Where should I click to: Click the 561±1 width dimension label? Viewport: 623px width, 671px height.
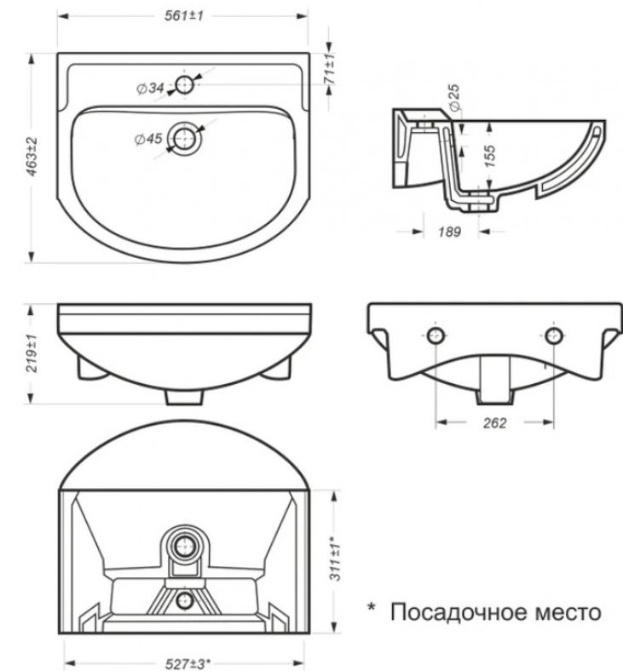(184, 16)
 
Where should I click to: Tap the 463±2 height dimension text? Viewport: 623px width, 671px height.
(32, 157)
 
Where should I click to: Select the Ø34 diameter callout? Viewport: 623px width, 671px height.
(150, 89)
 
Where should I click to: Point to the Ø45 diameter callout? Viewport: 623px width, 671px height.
(148, 139)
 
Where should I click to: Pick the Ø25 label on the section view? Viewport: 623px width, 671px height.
(455, 98)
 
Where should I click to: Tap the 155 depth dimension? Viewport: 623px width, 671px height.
(489, 156)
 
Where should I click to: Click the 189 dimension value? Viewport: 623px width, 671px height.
(450, 232)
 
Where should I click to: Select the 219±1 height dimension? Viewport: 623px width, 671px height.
(32, 353)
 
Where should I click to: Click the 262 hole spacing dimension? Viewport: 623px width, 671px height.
(494, 423)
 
